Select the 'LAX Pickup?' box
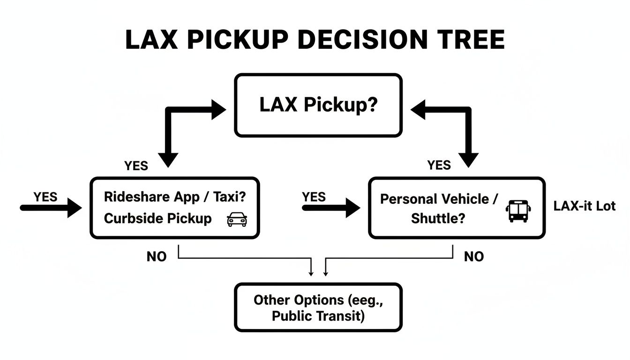coord(318,105)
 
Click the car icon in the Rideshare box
coord(237,219)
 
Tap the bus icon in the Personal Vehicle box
coord(518,211)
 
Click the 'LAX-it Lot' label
coord(584,206)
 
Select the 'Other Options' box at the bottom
coord(318,307)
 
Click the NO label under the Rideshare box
coord(157,257)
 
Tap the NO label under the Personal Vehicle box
coord(474,256)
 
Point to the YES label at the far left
coord(45,197)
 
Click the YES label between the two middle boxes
coord(314,197)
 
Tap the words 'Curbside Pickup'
coord(157,219)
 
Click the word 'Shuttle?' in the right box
coord(438,218)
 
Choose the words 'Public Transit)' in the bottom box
coord(318,316)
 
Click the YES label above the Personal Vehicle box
coord(439,165)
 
